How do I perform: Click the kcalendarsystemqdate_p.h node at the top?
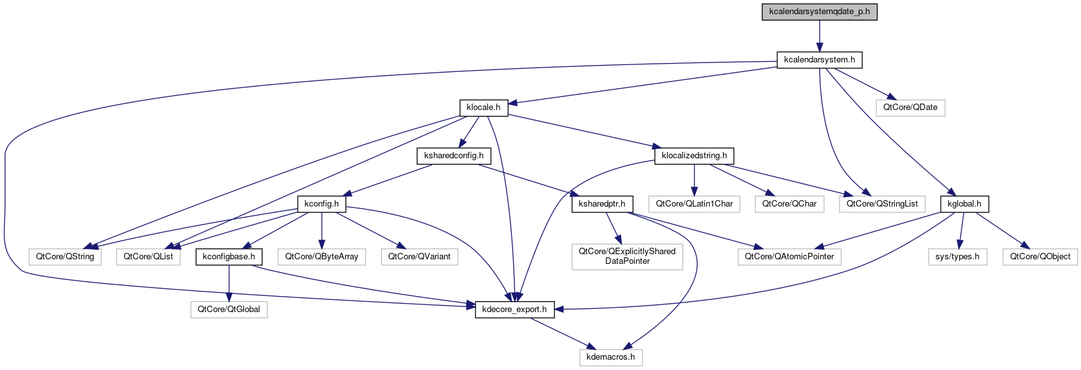tap(819, 12)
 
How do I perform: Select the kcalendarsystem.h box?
tap(819, 60)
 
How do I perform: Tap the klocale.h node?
tap(484, 107)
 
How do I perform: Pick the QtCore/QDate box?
tap(910, 107)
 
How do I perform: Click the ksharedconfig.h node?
tap(454, 156)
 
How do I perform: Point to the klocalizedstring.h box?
tap(694, 156)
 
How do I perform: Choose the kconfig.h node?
tap(321, 204)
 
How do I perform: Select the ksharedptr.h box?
tap(601, 204)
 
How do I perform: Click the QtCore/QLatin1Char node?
tap(694, 204)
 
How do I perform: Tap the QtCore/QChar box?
tap(789, 204)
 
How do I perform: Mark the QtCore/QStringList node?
tap(881, 204)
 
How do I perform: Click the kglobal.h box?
tap(964, 204)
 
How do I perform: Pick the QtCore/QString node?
tap(65, 257)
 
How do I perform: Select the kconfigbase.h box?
tap(229, 257)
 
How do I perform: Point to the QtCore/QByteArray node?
tap(321, 257)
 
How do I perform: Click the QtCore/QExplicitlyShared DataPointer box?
tap(627, 256)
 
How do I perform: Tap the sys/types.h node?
tap(957, 257)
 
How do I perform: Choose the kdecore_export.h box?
tap(514, 310)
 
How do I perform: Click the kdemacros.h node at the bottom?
tap(610, 357)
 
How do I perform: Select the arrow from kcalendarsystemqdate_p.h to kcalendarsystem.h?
tap(819, 35)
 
